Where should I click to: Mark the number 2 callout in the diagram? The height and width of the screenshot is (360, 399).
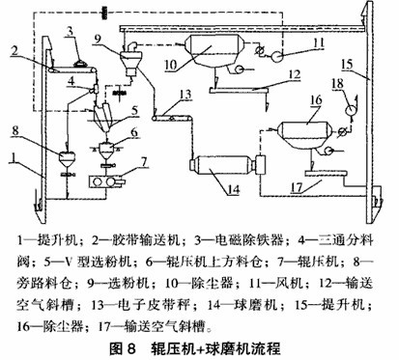[x=35, y=47]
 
